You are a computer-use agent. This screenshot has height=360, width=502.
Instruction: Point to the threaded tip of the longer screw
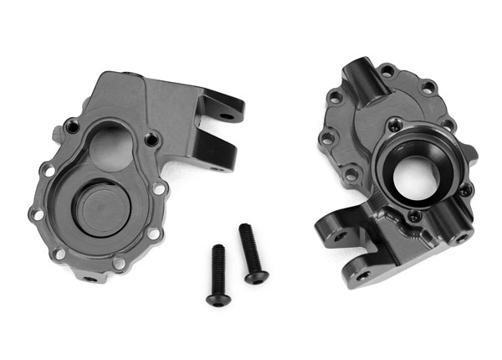coord(244,228)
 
